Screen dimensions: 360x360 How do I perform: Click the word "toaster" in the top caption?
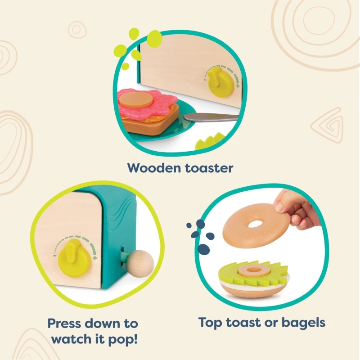[x=209, y=168]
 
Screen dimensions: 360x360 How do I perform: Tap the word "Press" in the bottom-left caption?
[x=64, y=324]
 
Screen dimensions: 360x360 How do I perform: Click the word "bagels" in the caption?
[x=303, y=323]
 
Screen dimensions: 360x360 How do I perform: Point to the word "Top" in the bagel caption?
[x=210, y=323]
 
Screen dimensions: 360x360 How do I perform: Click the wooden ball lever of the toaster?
[x=140, y=264]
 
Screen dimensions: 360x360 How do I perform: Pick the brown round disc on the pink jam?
[x=136, y=100]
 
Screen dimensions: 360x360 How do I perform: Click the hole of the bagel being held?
[x=255, y=224]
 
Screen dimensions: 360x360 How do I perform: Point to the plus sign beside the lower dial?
[x=95, y=258]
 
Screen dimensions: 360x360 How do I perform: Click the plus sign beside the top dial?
[x=238, y=86]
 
